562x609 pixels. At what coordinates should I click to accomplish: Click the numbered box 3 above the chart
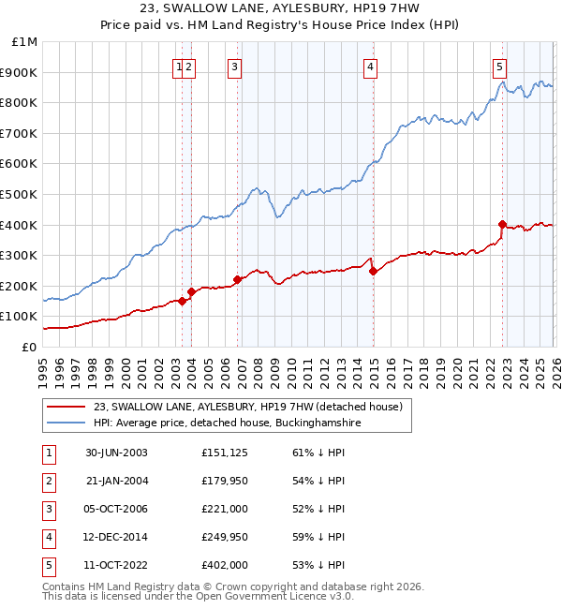[x=233, y=67]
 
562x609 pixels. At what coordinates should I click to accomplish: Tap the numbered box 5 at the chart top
[x=499, y=67]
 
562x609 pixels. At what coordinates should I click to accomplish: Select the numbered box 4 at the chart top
[x=371, y=67]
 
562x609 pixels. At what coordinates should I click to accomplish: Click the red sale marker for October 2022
[x=503, y=225]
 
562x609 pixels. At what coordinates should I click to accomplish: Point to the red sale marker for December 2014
[x=373, y=272]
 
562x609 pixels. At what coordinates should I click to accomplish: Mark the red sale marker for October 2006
[x=237, y=279]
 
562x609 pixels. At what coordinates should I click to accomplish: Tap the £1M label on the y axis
[x=24, y=42]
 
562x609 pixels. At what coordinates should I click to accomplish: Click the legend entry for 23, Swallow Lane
[x=247, y=407]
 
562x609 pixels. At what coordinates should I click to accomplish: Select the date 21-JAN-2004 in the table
[x=116, y=481]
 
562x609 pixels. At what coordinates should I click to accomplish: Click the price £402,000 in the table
[x=225, y=565]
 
